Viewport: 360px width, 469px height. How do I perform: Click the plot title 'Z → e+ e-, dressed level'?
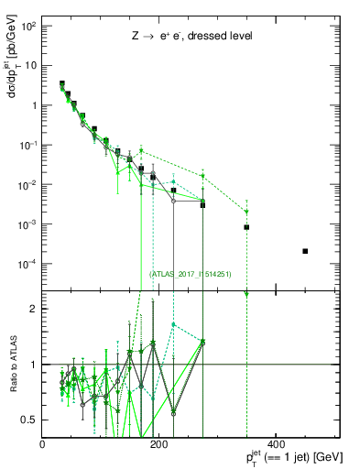point(191,36)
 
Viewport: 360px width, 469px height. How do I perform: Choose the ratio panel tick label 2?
point(35,309)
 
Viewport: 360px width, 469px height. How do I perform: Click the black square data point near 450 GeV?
point(305,251)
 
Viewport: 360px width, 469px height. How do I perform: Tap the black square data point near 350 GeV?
point(246,227)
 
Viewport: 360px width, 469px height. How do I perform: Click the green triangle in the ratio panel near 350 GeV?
point(246,294)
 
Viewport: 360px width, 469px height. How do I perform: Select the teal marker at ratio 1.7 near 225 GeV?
point(173,324)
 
